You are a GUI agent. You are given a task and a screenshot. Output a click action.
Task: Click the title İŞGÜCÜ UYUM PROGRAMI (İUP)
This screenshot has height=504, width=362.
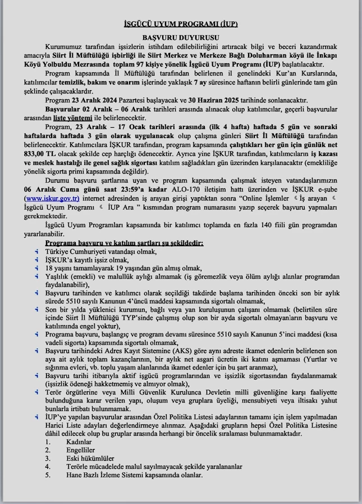181,25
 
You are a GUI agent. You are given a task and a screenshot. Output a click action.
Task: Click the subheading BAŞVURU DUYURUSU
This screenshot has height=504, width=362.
181,35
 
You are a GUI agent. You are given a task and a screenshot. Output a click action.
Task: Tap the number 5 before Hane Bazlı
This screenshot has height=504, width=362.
48,475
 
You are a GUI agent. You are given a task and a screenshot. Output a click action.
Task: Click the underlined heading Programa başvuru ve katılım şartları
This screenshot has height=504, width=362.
124,243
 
